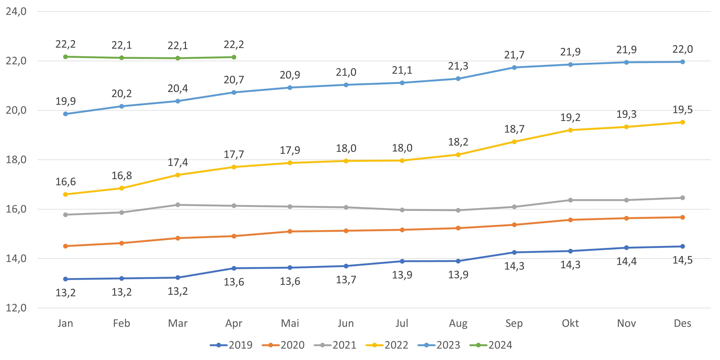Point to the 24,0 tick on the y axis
click(x=16, y=12)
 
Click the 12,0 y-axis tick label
click(x=16, y=308)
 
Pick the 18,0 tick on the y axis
click(x=16, y=160)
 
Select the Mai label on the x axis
click(x=290, y=323)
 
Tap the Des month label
click(x=682, y=323)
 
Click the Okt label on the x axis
click(x=570, y=323)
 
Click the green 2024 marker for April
click(x=234, y=57)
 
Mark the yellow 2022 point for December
click(x=682, y=122)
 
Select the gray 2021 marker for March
click(x=178, y=205)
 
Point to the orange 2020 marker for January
click(x=65, y=246)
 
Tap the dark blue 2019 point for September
click(x=514, y=252)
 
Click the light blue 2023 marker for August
click(x=458, y=79)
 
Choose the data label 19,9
click(x=65, y=101)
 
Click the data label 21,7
click(x=514, y=55)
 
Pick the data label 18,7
click(x=514, y=129)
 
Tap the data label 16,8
click(x=122, y=175)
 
